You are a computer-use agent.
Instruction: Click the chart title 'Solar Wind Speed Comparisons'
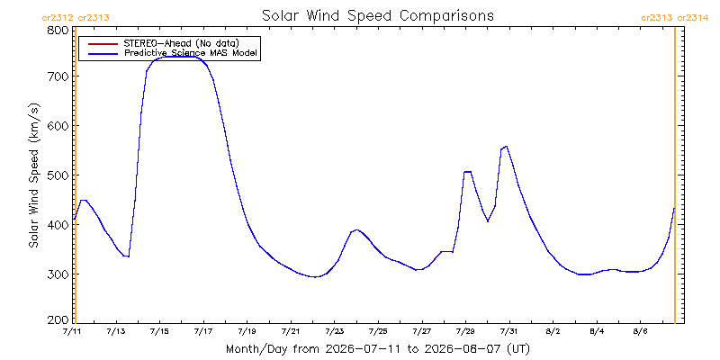click(377, 15)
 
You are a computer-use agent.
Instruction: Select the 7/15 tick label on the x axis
click(160, 331)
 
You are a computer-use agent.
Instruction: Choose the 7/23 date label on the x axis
click(334, 331)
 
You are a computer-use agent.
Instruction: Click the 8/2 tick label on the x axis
click(553, 331)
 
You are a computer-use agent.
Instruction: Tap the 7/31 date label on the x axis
click(509, 331)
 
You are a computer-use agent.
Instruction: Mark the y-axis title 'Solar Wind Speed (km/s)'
click(34, 175)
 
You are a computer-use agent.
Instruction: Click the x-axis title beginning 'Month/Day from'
click(377, 349)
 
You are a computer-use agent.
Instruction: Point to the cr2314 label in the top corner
click(693, 18)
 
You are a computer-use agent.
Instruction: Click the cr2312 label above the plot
click(58, 18)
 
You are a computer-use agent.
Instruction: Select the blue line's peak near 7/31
click(506, 146)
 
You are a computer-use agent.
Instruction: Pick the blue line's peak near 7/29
click(467, 172)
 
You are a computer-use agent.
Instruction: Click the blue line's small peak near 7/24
click(356, 229)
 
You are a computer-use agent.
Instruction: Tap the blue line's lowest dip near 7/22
click(314, 277)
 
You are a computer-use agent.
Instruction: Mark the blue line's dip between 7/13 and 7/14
click(129, 256)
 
